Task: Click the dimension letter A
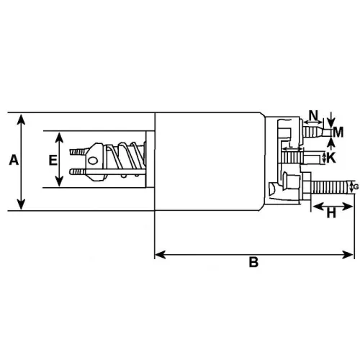point(12,162)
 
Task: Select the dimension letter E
point(53,161)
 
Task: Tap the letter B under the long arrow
point(253,264)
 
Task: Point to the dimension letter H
point(332,213)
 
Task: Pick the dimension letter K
point(331,157)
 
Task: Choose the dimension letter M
point(338,131)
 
